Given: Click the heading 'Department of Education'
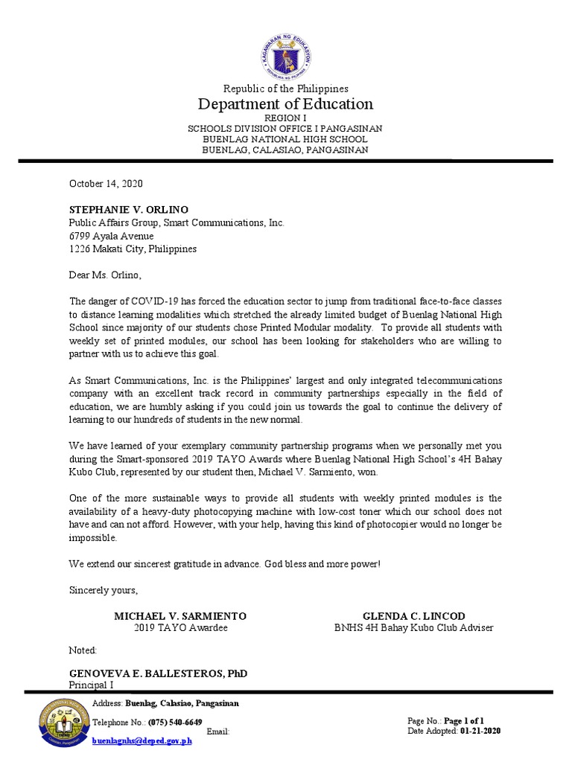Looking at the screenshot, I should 285,103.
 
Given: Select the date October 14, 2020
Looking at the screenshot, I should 106,183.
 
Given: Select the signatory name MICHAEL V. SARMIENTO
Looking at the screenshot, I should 179,616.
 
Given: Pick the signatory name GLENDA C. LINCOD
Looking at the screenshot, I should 413,616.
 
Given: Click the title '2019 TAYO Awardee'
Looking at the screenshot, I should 180,628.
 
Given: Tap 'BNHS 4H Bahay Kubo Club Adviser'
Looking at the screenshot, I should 413,628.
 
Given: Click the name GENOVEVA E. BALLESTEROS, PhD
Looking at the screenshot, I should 158,673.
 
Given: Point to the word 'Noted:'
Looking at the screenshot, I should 83,650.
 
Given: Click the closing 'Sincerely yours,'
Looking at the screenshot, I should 104,590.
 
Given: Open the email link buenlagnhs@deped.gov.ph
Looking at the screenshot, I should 142,741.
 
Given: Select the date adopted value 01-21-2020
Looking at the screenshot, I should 480,731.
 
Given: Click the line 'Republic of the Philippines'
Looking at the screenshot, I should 285,89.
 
